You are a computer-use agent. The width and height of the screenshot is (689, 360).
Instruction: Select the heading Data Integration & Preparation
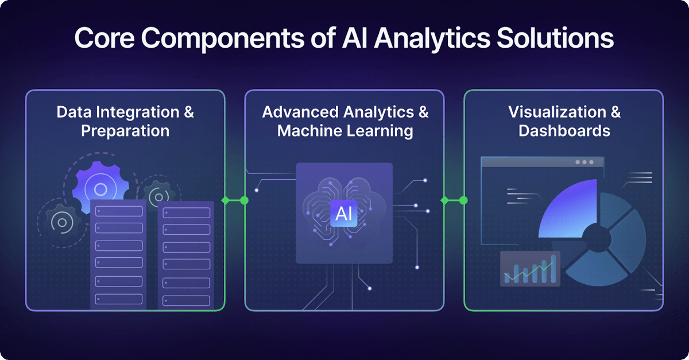point(125,121)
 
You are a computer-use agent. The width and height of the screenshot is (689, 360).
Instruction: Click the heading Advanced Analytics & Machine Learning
point(345,121)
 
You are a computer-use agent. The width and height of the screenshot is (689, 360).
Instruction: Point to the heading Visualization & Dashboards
point(564,121)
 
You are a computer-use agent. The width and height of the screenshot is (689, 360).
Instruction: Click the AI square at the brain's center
point(344,214)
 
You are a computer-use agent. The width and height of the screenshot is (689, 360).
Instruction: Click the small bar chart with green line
point(529,269)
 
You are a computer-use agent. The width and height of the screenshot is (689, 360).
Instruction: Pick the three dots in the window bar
point(585,162)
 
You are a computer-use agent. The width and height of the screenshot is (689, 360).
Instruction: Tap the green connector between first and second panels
point(235,200)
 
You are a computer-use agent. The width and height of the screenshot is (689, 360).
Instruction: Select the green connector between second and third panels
point(454,200)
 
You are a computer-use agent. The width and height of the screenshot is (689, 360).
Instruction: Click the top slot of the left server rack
point(118,211)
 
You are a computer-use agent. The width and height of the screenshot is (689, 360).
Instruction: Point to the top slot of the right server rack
point(186,213)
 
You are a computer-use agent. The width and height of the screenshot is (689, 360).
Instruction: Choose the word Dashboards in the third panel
point(564,130)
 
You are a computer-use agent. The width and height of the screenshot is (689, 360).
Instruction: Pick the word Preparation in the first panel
point(125,130)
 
